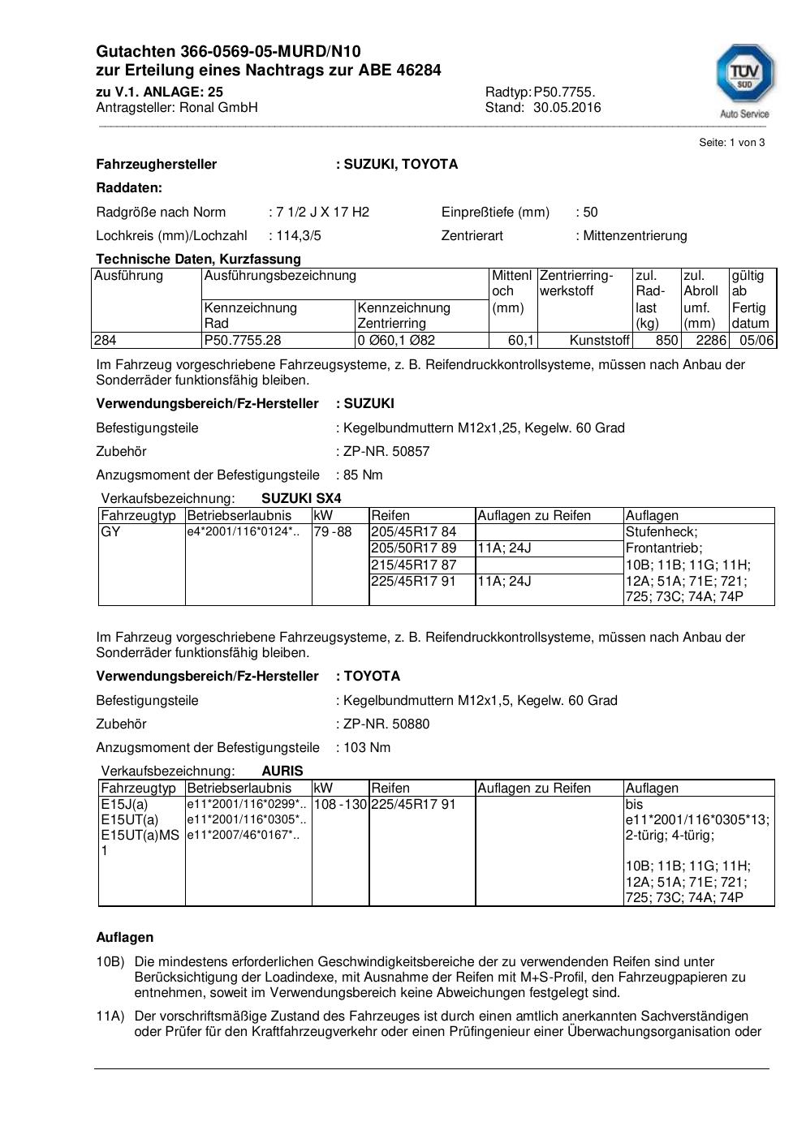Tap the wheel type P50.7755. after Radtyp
coord(564,92)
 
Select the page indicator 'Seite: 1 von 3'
coord(731,143)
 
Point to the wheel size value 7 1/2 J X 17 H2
coord(322,213)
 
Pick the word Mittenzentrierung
coord(635,236)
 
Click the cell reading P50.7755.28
coord(243,341)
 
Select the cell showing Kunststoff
coord(599,341)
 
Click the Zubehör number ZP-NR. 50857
coord(386,452)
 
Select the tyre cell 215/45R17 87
coord(414,565)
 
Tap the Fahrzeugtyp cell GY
coord(110,532)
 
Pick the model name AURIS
coord(282,772)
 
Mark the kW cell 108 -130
coord(340,805)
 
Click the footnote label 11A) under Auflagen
coord(110,1017)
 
